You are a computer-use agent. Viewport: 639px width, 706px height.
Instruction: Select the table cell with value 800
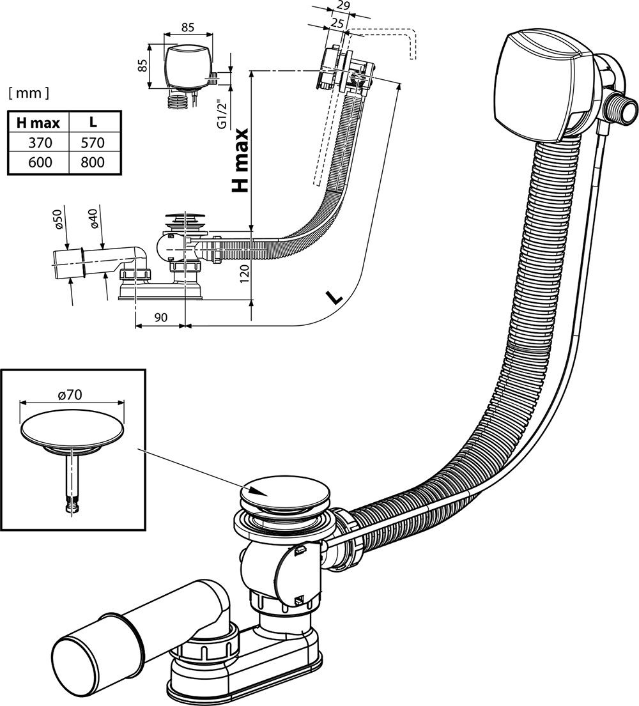click(x=93, y=162)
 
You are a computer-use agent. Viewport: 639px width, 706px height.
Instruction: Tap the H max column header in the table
click(x=38, y=121)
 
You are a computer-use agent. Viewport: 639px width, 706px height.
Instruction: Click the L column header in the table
click(x=93, y=121)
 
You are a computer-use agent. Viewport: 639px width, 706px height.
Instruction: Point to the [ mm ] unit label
click(x=28, y=93)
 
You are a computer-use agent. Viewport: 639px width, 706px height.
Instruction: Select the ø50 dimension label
click(x=57, y=221)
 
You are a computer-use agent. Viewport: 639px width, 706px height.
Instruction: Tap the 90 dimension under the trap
click(x=160, y=318)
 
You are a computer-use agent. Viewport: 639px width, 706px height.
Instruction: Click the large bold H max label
click(x=240, y=160)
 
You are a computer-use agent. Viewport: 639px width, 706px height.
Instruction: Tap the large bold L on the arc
click(x=334, y=296)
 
